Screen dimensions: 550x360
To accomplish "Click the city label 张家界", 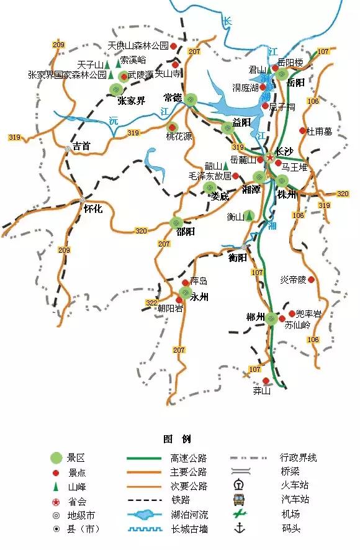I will point(131,101).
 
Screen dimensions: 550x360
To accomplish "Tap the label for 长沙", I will point(284,151).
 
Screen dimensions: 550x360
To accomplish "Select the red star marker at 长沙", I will point(270,158).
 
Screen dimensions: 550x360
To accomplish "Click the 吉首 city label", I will point(81,147).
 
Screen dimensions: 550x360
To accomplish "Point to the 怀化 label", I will point(92,209).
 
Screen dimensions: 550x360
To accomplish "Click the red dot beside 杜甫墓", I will point(303,131).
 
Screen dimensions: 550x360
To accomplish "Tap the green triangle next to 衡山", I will point(249,216).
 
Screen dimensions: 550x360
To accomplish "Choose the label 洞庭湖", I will point(246,88).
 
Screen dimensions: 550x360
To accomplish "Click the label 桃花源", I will point(178,137).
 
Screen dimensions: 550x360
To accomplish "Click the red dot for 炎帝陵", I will point(311,280).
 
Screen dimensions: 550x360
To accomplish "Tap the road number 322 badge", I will point(151,303).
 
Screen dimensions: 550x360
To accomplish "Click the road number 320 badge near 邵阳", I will point(142,231).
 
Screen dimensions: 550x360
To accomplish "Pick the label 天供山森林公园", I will point(138,46).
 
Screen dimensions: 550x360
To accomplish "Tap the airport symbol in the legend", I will point(238,514).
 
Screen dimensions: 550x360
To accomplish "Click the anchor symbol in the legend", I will point(238,529).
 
